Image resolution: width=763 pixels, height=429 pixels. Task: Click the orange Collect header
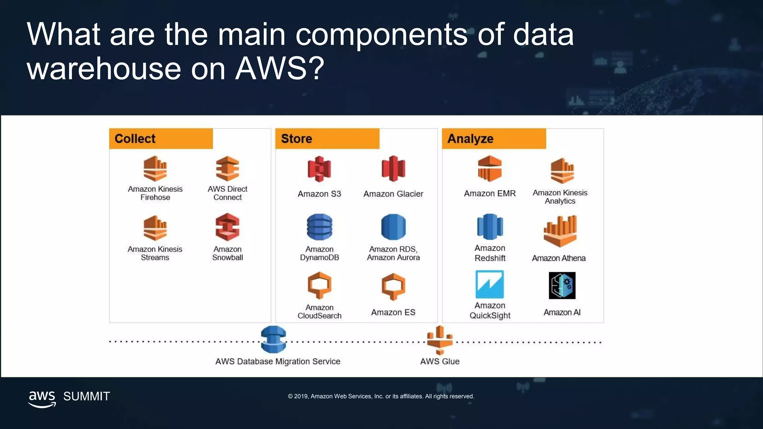[x=161, y=139]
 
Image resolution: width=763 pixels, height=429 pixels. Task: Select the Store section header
[x=327, y=139]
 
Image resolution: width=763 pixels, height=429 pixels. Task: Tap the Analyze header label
[x=493, y=139]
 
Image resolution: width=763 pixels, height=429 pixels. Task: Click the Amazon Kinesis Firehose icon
[x=155, y=168]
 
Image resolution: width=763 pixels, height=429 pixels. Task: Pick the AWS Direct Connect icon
[x=227, y=168]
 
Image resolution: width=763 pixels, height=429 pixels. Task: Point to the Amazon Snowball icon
[x=227, y=227]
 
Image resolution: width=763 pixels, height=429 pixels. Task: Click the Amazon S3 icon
[x=319, y=169]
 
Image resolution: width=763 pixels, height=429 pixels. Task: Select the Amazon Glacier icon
[x=393, y=168]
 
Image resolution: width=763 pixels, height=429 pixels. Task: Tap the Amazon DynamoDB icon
[x=319, y=227]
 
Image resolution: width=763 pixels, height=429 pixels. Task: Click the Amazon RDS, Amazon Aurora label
[x=393, y=253]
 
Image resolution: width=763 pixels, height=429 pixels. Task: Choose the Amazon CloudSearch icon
[x=319, y=285]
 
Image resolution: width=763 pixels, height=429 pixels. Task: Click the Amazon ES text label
[x=393, y=312]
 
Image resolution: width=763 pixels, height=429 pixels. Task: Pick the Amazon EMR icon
[x=490, y=168]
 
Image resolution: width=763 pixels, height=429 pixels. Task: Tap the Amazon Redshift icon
[x=490, y=226]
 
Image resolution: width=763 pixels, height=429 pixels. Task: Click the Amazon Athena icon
[x=560, y=231]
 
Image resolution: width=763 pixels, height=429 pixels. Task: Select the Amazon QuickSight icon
[x=490, y=285]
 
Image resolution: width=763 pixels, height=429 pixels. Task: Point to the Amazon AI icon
[x=562, y=286]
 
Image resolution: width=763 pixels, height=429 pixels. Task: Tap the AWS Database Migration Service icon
[x=273, y=339]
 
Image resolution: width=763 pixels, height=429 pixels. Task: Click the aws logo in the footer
[x=42, y=399]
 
